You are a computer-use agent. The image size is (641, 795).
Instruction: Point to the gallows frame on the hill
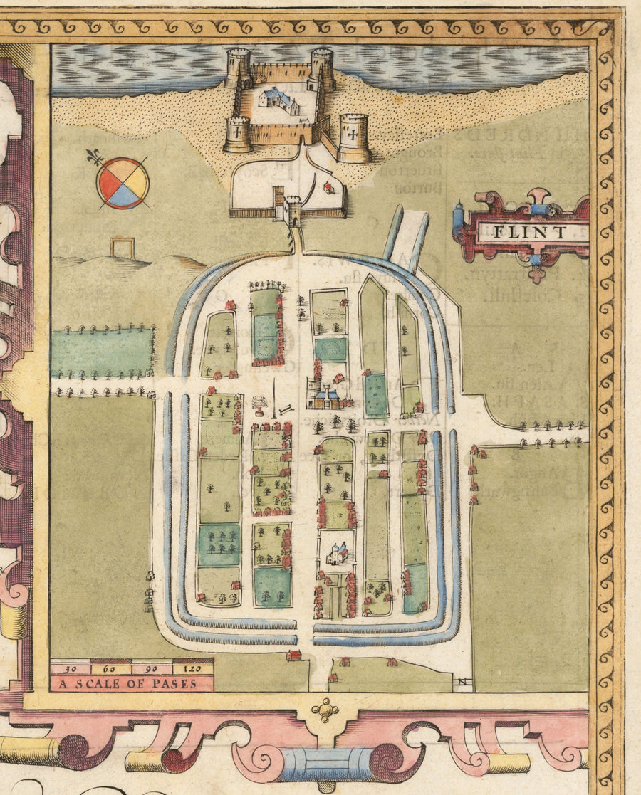(122, 248)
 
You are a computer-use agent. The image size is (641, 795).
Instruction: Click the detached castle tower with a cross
(353, 138)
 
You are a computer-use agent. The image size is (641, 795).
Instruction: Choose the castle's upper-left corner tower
(238, 68)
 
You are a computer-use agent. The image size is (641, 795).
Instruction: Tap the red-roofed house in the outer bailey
(328, 187)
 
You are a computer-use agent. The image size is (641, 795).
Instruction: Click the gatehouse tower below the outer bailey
(292, 211)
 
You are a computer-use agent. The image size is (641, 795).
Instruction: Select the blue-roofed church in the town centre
(326, 396)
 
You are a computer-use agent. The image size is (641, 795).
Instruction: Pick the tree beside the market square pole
(257, 406)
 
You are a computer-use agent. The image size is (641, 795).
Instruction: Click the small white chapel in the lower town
(337, 553)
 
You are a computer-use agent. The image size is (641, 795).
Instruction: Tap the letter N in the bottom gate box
(462, 684)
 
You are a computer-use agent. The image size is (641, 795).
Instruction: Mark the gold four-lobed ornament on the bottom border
(325, 710)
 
